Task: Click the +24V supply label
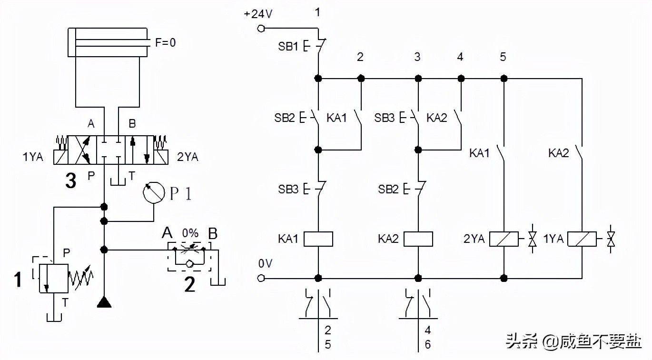pyautogui.click(x=258, y=14)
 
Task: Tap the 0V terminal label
pyautogui.click(x=265, y=263)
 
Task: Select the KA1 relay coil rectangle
pyautogui.click(x=317, y=239)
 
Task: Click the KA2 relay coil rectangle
pyautogui.click(x=418, y=239)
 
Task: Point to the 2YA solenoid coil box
pyautogui.click(x=504, y=239)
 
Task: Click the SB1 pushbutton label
pyautogui.click(x=287, y=47)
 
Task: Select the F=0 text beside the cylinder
pyautogui.click(x=166, y=42)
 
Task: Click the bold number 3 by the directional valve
pyautogui.click(x=71, y=180)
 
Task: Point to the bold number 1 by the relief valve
pyautogui.click(x=18, y=280)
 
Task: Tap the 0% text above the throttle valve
pyautogui.click(x=190, y=233)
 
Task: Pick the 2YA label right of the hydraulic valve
pyautogui.click(x=187, y=157)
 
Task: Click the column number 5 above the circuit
pyautogui.click(x=503, y=58)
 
